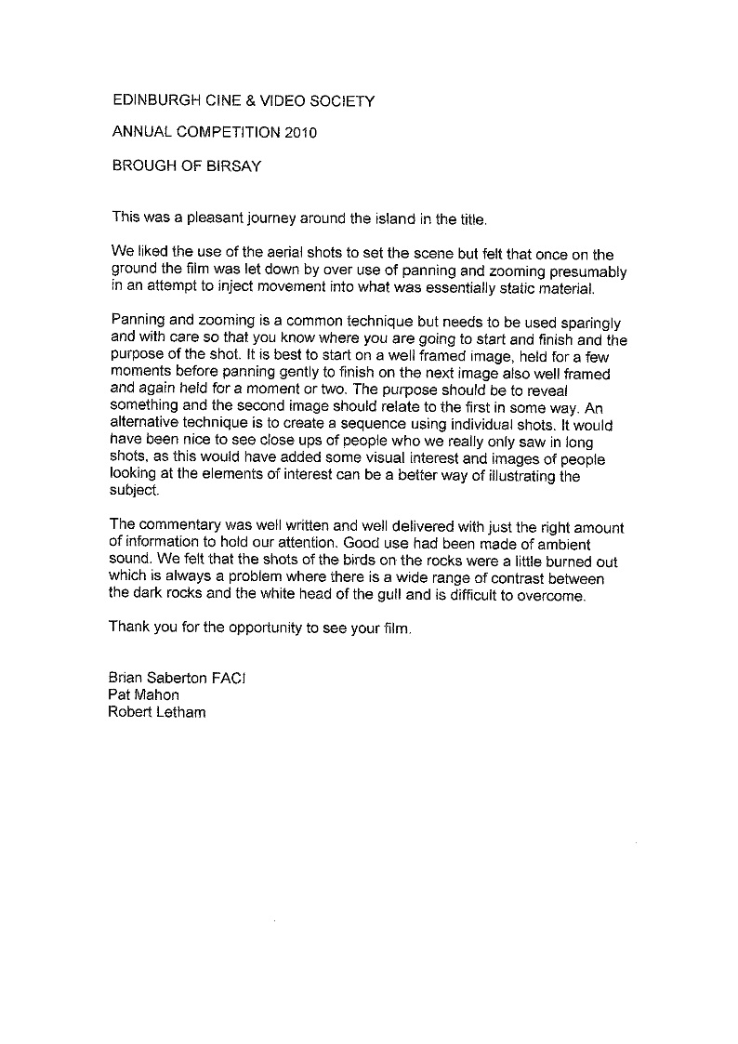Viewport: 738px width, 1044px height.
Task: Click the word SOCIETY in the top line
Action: pyautogui.click(x=343, y=101)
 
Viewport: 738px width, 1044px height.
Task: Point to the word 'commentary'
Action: pyautogui.click(x=179, y=527)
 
